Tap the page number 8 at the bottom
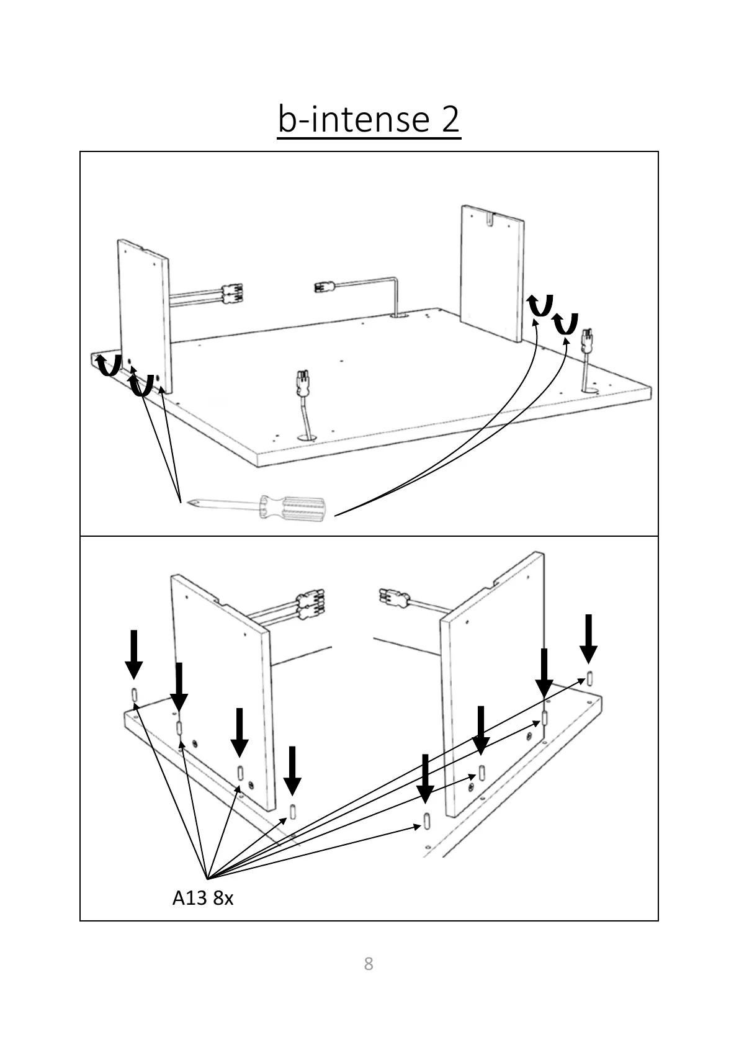click(369, 964)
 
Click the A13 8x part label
click(202, 898)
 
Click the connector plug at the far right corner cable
click(586, 341)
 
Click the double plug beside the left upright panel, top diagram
click(233, 293)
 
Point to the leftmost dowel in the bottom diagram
click(134, 694)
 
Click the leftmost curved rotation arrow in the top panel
click(109, 366)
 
